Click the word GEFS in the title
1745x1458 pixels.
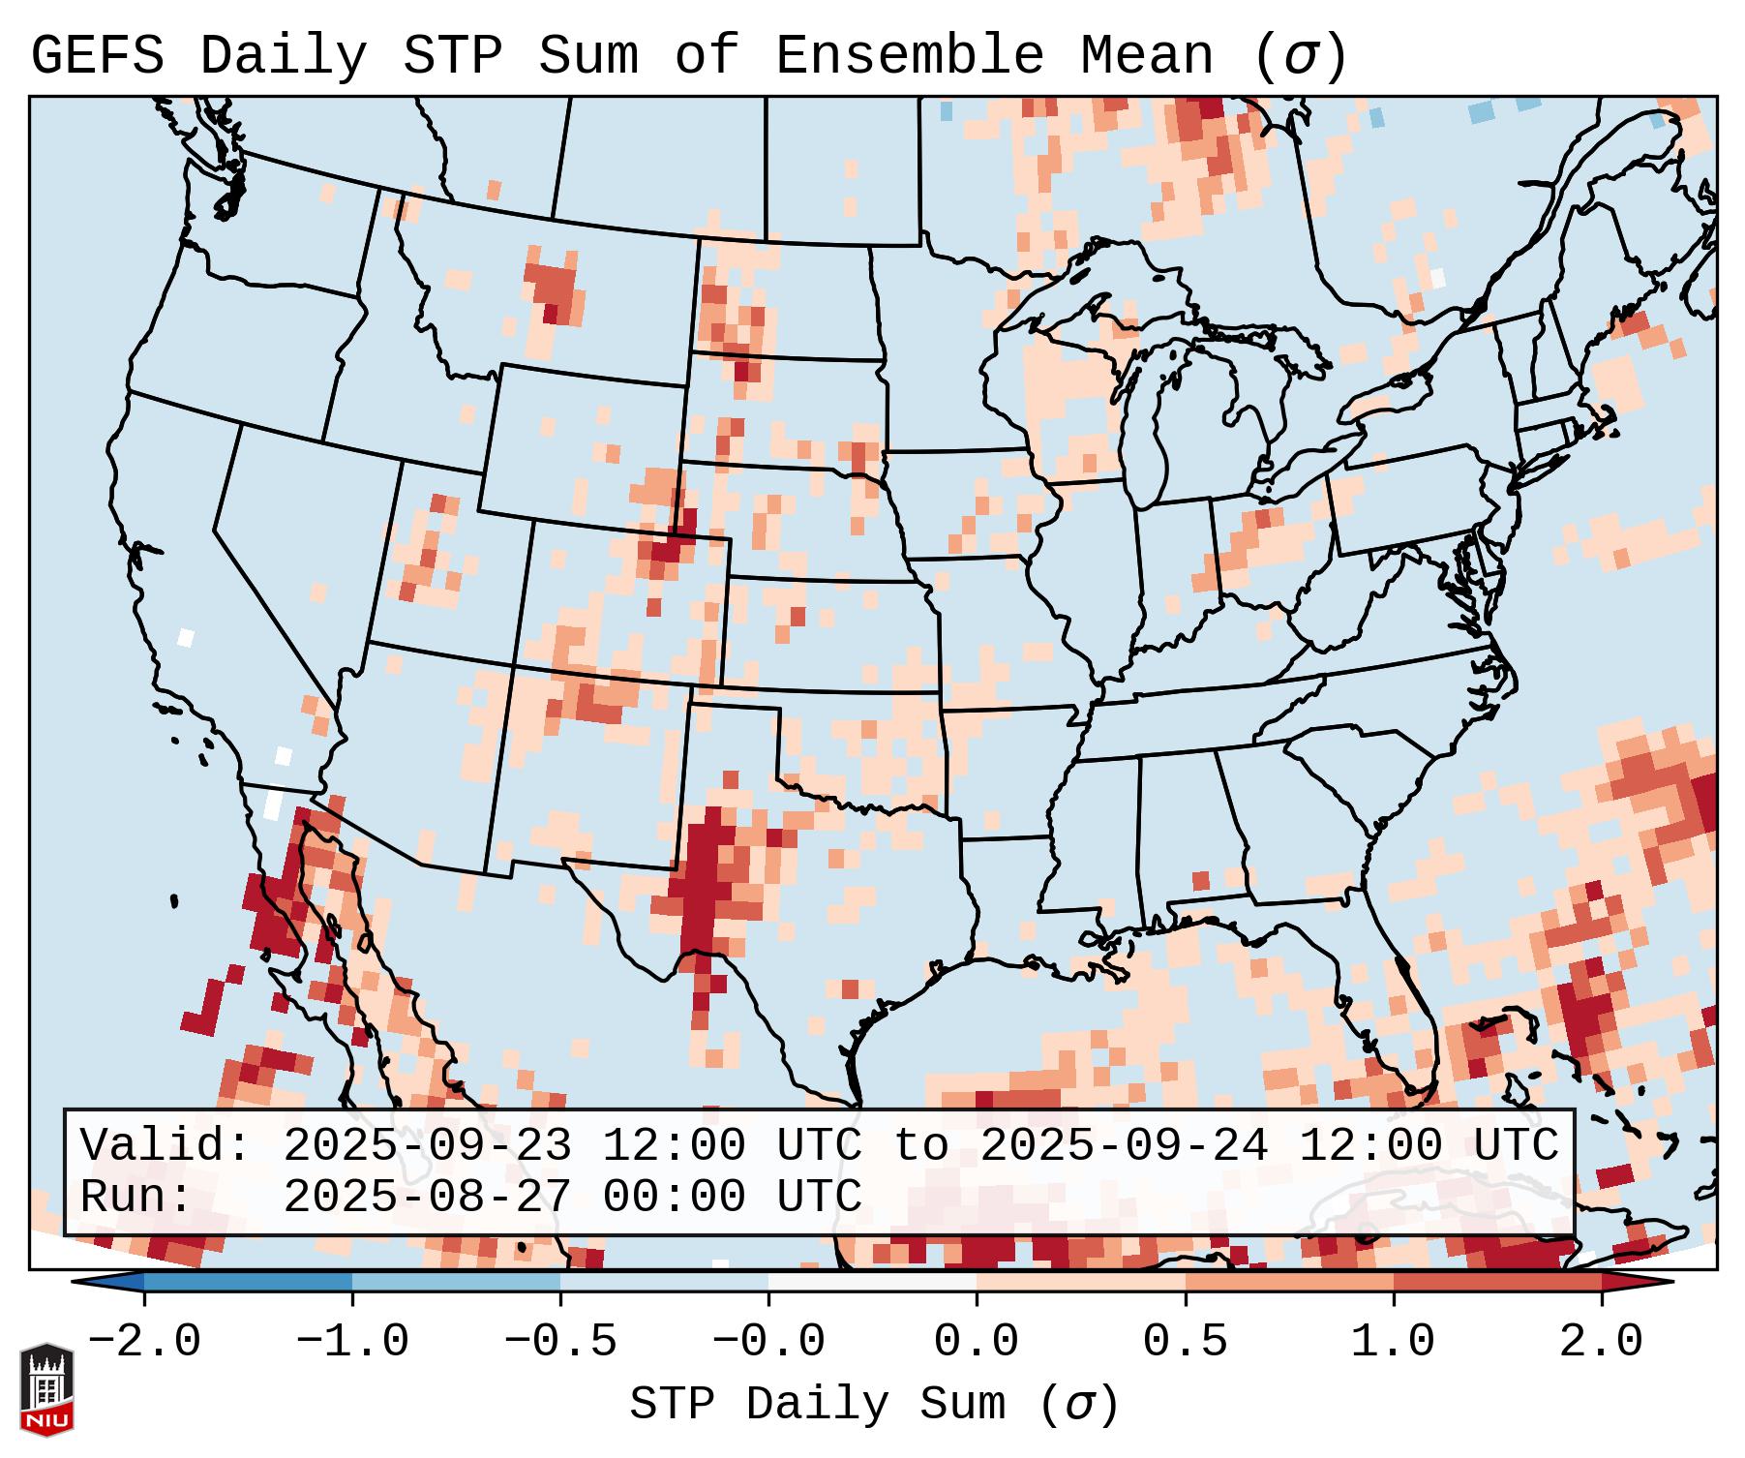(x=97, y=56)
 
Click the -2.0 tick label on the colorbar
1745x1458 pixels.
(x=144, y=1342)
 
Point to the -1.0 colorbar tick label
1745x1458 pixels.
(x=352, y=1342)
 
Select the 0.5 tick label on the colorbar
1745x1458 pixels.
(x=1185, y=1342)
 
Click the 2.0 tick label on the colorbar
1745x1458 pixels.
(x=1601, y=1342)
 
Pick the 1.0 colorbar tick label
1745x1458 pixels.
(x=1393, y=1342)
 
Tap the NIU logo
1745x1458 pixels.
(x=46, y=1389)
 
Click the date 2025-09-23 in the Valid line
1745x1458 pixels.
(x=427, y=1146)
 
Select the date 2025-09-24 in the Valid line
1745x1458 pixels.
(x=1124, y=1146)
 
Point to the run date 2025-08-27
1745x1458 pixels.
(x=427, y=1198)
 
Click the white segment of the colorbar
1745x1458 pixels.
(x=872, y=1282)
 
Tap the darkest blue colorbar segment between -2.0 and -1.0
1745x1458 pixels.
(x=248, y=1282)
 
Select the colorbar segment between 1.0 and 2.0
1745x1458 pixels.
(x=1496, y=1282)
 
